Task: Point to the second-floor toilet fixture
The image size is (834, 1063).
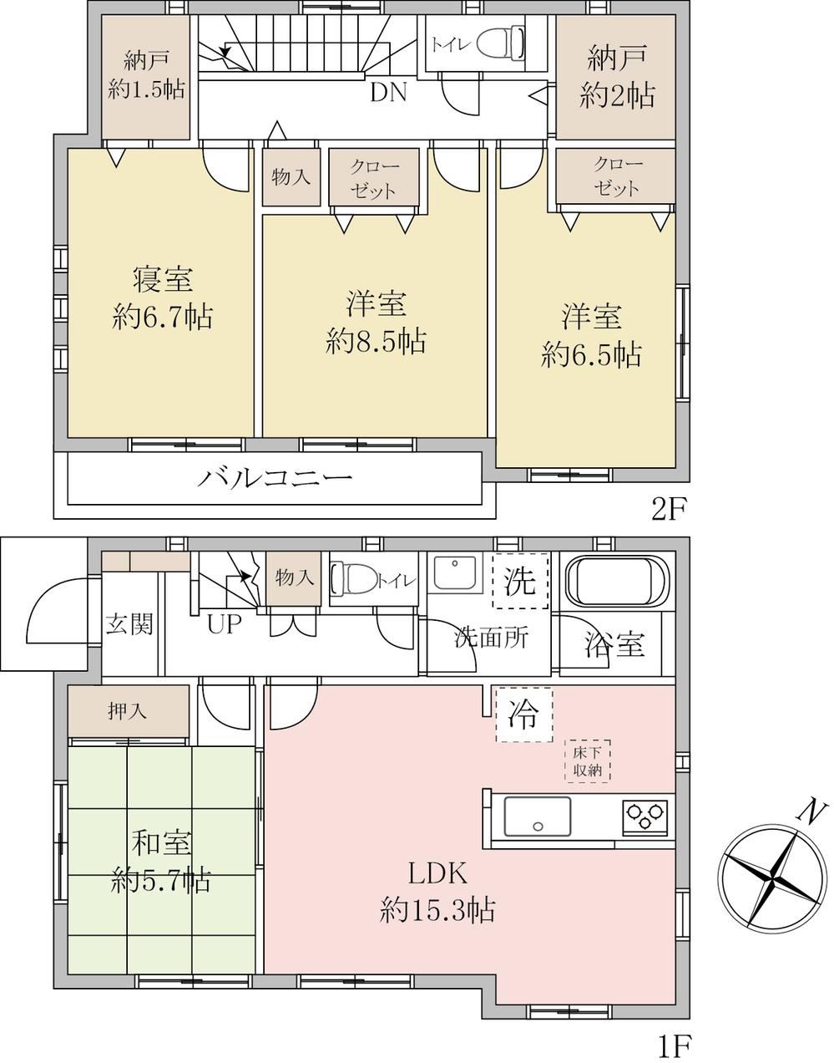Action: [x=500, y=43]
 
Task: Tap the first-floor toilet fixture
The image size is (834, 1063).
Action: [x=355, y=580]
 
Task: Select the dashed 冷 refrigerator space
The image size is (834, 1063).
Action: [x=524, y=715]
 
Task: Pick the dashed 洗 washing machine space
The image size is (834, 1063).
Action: [x=520, y=581]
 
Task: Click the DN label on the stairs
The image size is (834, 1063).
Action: [x=388, y=92]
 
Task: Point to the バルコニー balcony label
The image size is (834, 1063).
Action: [x=274, y=477]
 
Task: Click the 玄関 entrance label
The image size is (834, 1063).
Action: [x=129, y=623]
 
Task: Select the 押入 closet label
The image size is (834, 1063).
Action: [x=127, y=712]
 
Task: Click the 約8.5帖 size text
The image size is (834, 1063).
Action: [x=376, y=342]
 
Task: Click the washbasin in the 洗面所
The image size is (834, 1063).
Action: [x=454, y=572]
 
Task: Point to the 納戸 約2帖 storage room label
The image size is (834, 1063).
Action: [x=617, y=77]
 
